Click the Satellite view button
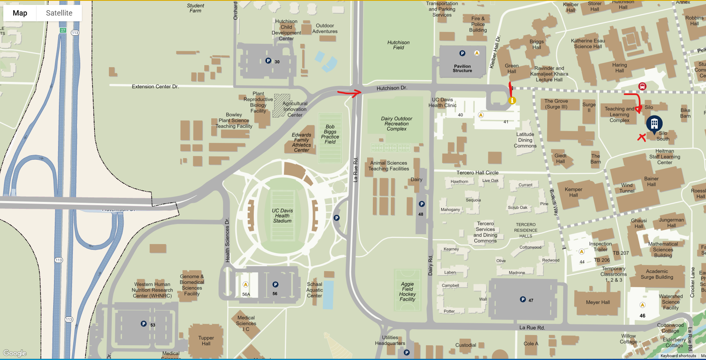pos(59,13)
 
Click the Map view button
pos(20,13)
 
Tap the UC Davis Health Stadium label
pos(282,216)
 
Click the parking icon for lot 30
pos(268,61)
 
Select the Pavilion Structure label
pos(462,68)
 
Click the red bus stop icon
pos(642,86)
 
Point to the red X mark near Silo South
pos(641,138)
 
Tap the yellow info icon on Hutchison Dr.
pos(512,100)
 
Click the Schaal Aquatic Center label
pos(314,290)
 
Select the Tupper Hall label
pos(206,341)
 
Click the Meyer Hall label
pos(598,302)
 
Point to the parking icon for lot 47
pos(523,299)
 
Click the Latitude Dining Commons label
pos(525,140)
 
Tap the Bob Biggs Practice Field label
pos(330,134)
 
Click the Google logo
pos(15,353)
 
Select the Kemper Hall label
pos(573,192)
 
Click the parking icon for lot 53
pos(144,324)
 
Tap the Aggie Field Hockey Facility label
pos(407,292)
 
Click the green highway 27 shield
pos(63,30)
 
